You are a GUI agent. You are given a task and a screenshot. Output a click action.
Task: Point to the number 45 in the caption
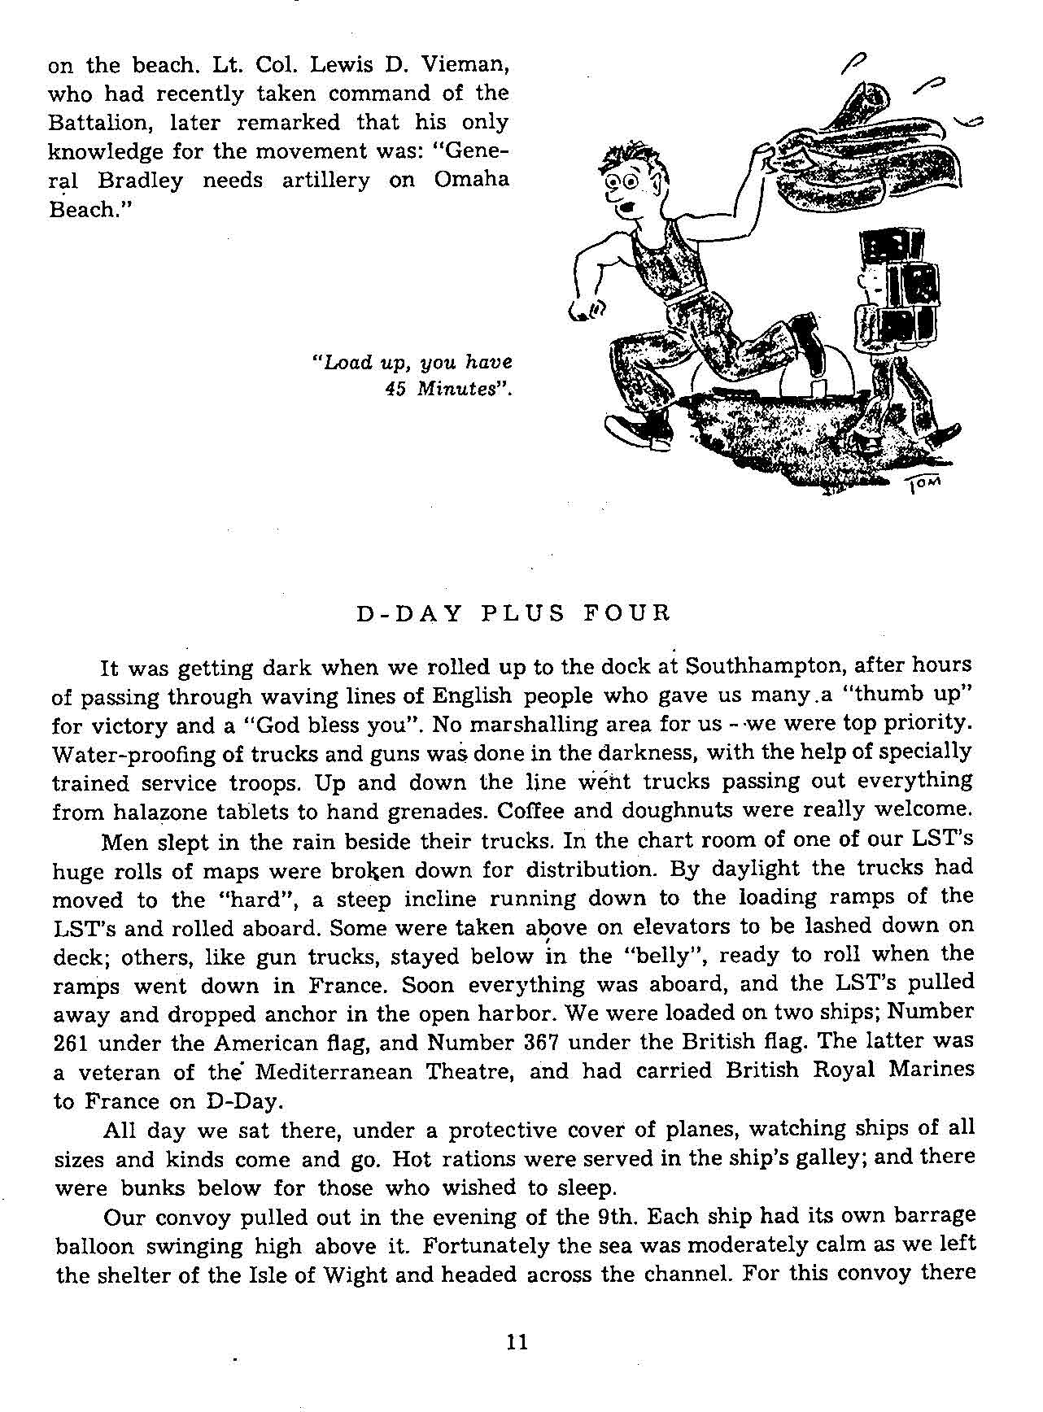click(x=395, y=389)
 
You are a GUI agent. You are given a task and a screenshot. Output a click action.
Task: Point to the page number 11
click(x=517, y=1341)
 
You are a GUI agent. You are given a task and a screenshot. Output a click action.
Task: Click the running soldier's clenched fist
click(x=583, y=308)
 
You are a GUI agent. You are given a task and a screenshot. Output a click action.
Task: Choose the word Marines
click(x=936, y=1070)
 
